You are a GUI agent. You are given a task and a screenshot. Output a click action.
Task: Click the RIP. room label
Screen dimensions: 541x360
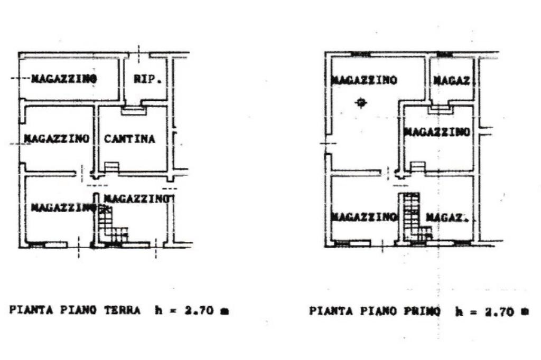(147, 79)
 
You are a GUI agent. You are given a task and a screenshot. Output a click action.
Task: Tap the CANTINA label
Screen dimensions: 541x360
(129, 139)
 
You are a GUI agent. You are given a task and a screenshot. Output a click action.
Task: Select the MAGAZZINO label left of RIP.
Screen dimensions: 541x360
(64, 79)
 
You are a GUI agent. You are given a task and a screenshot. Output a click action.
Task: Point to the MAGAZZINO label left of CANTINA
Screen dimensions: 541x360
(56, 139)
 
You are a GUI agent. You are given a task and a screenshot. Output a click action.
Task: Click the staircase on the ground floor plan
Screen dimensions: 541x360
(113, 224)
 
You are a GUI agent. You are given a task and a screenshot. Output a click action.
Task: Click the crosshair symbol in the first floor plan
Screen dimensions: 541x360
(361, 103)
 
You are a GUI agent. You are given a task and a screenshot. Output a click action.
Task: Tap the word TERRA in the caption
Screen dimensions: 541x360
(123, 310)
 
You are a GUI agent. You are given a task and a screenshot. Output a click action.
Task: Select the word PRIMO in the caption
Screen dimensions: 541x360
(422, 311)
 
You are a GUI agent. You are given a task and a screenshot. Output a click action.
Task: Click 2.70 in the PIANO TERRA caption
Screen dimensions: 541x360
(199, 311)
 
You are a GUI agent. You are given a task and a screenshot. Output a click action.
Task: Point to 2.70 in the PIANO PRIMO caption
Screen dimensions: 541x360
(500, 312)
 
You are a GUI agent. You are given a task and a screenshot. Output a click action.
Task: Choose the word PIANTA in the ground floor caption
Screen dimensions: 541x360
(31, 310)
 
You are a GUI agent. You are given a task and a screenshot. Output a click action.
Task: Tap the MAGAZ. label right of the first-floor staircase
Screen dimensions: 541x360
(447, 217)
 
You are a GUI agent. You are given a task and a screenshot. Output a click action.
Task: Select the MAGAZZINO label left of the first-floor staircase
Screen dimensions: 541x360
(364, 217)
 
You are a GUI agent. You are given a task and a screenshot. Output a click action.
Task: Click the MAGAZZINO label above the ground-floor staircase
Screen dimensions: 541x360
(137, 198)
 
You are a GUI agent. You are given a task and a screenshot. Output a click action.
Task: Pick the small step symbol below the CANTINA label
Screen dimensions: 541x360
(111, 167)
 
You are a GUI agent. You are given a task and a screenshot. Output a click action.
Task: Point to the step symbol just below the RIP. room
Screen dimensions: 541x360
(134, 110)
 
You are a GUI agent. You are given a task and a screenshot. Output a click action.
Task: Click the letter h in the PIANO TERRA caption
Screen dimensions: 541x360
(158, 310)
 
